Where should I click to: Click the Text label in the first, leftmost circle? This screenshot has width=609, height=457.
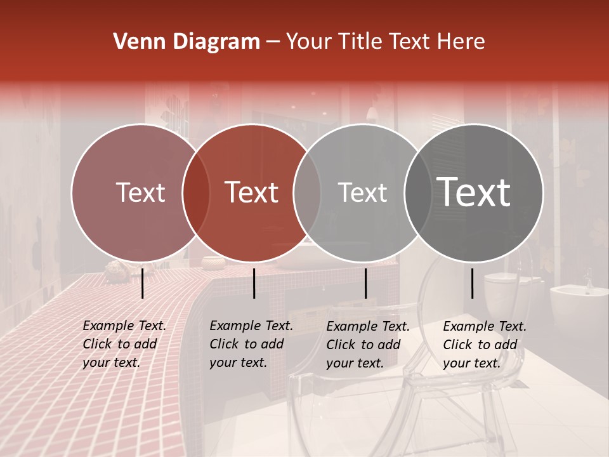click(140, 192)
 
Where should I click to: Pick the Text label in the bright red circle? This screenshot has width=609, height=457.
click(252, 192)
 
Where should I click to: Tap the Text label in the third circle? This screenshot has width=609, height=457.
click(362, 192)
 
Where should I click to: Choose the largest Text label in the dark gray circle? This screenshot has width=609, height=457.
click(474, 192)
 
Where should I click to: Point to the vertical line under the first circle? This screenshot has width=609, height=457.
click(142, 283)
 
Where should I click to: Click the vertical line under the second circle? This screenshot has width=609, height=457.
click(254, 283)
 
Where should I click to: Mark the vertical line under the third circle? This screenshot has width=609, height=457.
click(365, 283)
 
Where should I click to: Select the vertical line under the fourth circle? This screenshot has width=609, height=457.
click(473, 283)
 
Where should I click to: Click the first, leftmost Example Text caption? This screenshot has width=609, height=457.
click(124, 344)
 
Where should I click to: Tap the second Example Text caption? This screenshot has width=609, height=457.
click(251, 344)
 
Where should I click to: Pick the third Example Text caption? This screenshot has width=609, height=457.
click(368, 345)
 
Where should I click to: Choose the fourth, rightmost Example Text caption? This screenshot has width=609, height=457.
click(485, 345)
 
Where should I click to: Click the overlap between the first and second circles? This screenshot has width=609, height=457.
click(196, 192)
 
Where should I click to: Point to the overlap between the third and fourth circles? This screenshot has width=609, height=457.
click(418, 192)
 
